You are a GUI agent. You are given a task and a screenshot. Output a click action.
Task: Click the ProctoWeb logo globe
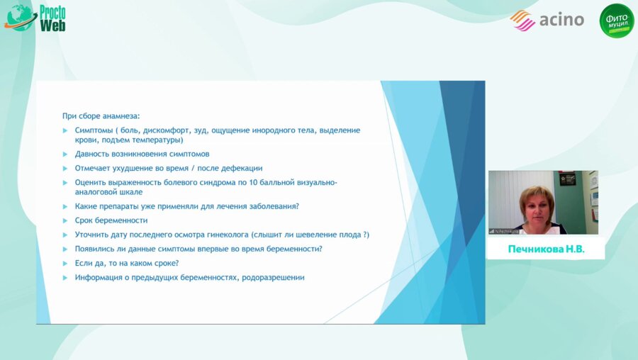tap(19, 17)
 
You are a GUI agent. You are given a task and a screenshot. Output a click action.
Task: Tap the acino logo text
tap(561, 19)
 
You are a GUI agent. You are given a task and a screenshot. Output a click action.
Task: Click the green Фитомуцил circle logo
tap(616, 21)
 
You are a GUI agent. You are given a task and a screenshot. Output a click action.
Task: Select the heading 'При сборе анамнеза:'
tap(101, 115)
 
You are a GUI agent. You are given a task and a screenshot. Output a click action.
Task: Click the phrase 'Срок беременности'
tap(111, 220)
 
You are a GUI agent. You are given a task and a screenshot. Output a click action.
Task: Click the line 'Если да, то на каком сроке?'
tap(127, 263)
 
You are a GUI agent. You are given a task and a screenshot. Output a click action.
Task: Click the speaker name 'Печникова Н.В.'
tap(546, 250)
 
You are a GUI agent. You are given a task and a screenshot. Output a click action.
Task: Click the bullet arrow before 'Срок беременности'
tap(65, 220)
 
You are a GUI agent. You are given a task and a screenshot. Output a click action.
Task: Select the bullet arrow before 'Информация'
tap(65, 277)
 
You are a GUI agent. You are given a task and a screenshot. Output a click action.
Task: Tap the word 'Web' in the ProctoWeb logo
tap(53, 26)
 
